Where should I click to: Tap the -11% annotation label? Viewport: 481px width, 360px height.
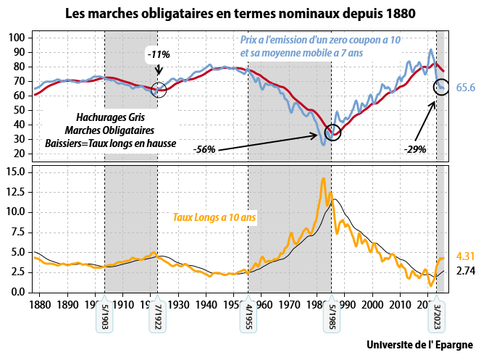pos(158,54)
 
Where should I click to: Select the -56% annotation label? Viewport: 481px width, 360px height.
pos(205,149)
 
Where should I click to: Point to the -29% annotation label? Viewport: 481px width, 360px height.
pos(415,149)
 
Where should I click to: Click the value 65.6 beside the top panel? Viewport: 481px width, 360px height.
pos(465,88)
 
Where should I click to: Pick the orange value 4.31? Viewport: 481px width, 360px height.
pos(465,256)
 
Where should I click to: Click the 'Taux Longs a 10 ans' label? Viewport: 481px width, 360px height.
pos(215,217)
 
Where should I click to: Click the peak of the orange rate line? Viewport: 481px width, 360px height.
pos(323,178)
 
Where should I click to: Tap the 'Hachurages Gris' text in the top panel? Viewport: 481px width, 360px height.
pos(109,116)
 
